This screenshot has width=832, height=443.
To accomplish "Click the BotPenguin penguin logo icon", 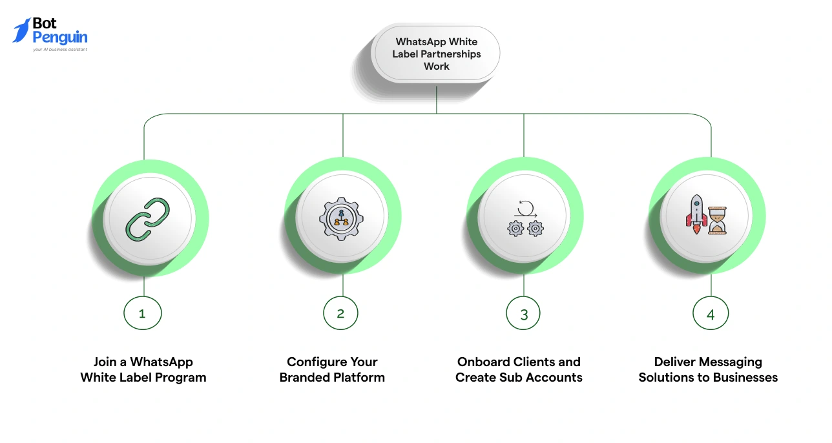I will pyautogui.click(x=21, y=30).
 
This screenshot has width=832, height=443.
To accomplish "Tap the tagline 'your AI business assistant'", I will pyautogui.click(x=60, y=49).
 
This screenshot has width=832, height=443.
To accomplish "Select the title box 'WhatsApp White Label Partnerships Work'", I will pyautogui.click(x=436, y=54).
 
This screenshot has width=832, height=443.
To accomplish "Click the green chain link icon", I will pyautogui.click(x=147, y=220).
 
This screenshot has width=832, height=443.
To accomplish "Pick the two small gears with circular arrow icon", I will pyautogui.click(x=525, y=220).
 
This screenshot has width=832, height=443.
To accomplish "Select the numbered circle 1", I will pyautogui.click(x=143, y=314).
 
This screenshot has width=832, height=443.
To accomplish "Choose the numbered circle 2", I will pyautogui.click(x=340, y=314).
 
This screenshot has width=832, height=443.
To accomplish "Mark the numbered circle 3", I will pyautogui.click(x=523, y=314).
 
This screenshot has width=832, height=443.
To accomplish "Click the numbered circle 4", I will pyautogui.click(x=711, y=314).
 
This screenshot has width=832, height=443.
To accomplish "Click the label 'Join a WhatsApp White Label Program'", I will pyautogui.click(x=143, y=370).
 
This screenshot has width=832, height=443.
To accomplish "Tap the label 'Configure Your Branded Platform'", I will pyautogui.click(x=332, y=370).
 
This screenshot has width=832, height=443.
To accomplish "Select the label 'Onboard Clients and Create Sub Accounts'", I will pyautogui.click(x=519, y=370).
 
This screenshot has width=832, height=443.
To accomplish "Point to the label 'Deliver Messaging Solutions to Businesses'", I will pyautogui.click(x=708, y=370).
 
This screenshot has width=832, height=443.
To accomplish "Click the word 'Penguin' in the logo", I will pyautogui.click(x=59, y=37).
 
